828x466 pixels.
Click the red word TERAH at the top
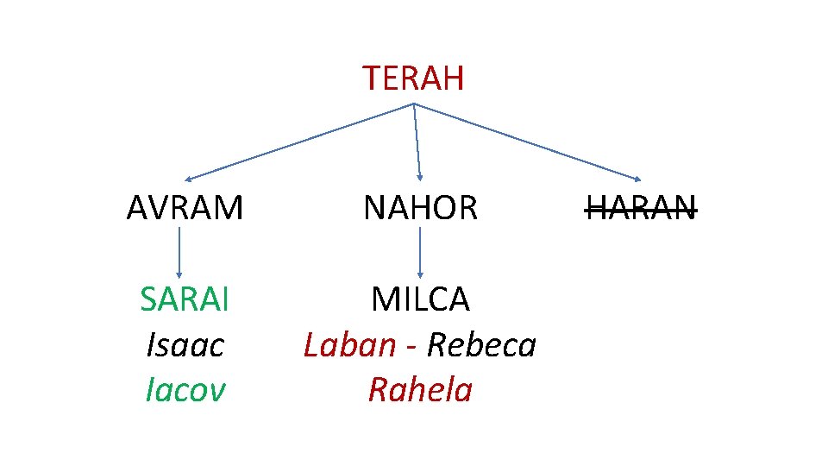pyautogui.click(x=413, y=79)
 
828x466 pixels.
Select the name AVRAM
pyautogui.click(x=185, y=208)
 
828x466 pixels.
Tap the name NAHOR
pyautogui.click(x=420, y=208)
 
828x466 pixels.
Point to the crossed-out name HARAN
pyautogui.click(x=641, y=208)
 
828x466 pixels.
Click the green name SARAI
pyautogui.click(x=185, y=299)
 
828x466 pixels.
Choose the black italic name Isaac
pyautogui.click(x=185, y=345)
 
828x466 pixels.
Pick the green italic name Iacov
pyautogui.click(x=185, y=390)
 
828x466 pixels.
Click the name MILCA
pyautogui.click(x=420, y=299)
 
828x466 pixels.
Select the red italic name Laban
pyautogui.click(x=349, y=345)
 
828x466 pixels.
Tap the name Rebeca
pyautogui.click(x=481, y=345)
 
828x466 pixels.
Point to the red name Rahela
pyautogui.click(x=420, y=390)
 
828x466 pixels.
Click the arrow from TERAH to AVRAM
pyautogui.click(x=302, y=141)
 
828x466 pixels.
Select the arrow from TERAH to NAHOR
pyautogui.click(x=417, y=141)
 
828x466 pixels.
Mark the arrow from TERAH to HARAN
pyautogui.click(x=526, y=141)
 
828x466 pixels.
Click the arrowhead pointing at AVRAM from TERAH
pyautogui.click(x=190, y=178)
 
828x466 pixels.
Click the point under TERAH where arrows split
pyautogui.click(x=414, y=104)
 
